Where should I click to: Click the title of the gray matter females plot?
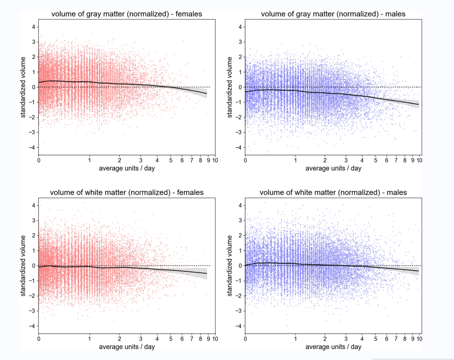coord(126,14)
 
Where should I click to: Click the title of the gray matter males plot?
coord(333,14)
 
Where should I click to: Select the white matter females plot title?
coord(126,193)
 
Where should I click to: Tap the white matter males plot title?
coord(333,193)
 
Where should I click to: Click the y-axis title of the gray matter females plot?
coord(24,87)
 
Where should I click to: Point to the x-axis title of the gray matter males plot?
coord(333,168)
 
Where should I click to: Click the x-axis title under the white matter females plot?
coord(126,347)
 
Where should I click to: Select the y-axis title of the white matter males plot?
coord(230,266)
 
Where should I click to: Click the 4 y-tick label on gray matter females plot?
coord(33,27)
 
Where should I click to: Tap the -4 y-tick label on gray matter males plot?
coord(238,148)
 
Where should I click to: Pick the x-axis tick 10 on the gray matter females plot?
coord(215,160)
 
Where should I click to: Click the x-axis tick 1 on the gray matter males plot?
coord(295,160)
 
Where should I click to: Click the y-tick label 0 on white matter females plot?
coord(33,266)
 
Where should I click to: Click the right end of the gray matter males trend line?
coord(419,104)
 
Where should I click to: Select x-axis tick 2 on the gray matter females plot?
coord(119,160)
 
